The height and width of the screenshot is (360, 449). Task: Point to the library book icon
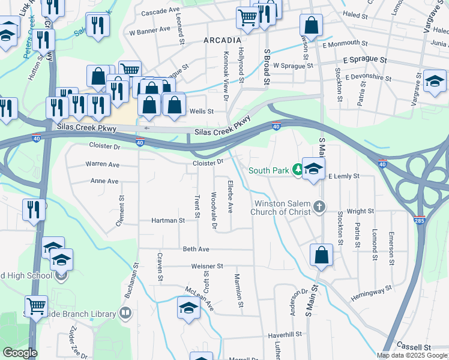click(x=125, y=313)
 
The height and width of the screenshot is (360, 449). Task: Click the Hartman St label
click(x=168, y=221)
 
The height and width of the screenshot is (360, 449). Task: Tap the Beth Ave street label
click(x=196, y=249)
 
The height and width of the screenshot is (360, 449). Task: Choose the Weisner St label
click(x=207, y=266)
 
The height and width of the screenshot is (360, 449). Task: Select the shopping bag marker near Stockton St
click(x=322, y=254)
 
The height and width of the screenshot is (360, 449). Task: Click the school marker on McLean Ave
click(x=188, y=308)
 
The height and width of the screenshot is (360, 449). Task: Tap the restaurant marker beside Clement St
click(x=33, y=209)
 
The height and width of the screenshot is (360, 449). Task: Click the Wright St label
click(x=360, y=211)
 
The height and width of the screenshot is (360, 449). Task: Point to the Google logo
click(x=20, y=353)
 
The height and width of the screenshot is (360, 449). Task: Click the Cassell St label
click(x=414, y=347)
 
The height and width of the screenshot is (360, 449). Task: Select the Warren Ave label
click(x=102, y=164)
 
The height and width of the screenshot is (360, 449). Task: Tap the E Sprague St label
click(x=364, y=60)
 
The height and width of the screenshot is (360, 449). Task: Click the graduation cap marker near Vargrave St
click(x=435, y=81)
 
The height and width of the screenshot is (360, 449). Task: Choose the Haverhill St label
click(x=284, y=335)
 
